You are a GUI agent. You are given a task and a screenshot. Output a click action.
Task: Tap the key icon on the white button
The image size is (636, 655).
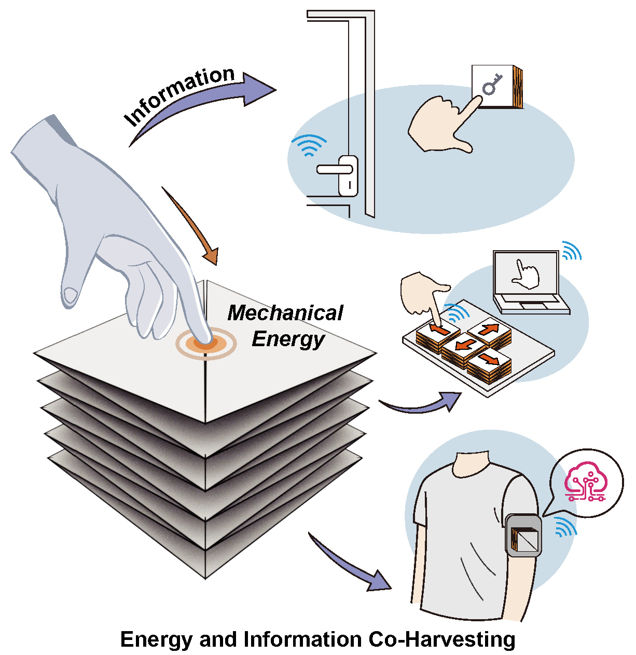[x=492, y=84]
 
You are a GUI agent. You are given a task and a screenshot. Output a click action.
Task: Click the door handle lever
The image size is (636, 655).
[x=333, y=169]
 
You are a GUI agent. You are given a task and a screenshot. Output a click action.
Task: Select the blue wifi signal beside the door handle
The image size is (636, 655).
[x=308, y=145]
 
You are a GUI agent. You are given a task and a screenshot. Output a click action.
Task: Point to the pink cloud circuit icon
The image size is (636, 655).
[x=586, y=481]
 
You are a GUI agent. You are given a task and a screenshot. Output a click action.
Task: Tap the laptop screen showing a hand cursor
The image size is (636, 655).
[x=526, y=272]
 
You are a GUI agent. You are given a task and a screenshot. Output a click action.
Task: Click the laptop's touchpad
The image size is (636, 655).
[x=532, y=305]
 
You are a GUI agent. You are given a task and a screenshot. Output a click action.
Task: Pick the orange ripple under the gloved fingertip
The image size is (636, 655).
[x=206, y=343]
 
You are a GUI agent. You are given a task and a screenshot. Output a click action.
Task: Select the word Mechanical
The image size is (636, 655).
[x=285, y=313]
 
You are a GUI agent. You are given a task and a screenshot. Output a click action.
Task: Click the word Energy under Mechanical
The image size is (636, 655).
[x=288, y=339]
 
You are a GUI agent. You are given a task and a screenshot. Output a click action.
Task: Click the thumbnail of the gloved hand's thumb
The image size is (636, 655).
[x=71, y=295]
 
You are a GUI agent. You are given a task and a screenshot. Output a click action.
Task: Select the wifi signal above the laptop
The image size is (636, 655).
[x=571, y=251]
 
